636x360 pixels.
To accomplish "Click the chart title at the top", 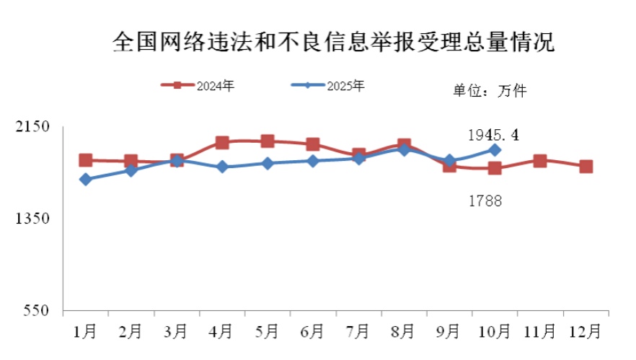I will [x=333, y=42].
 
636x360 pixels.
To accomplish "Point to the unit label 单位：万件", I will [x=490, y=91].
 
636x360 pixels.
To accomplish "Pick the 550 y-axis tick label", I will [x=35, y=311].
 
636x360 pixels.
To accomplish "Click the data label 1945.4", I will [x=494, y=135].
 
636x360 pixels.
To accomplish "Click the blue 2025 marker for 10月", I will [x=495, y=149].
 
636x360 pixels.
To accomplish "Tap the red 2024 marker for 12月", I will [x=586, y=167].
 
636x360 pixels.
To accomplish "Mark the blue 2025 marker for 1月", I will [x=86, y=180].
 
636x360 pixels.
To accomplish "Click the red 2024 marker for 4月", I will [x=222, y=143].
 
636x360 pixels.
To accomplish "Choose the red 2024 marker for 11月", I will [x=540, y=161].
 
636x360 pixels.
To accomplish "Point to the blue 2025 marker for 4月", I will [x=222, y=167].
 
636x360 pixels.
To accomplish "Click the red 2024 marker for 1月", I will [x=86, y=160].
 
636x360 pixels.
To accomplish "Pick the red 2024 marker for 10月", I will [x=495, y=169].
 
